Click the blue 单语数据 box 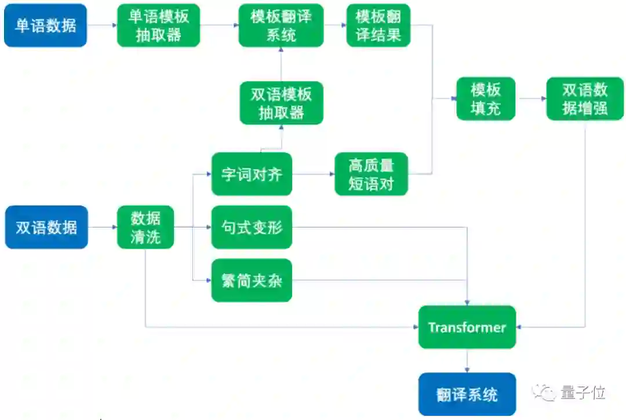pos(45,25)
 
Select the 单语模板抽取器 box pos(158,25)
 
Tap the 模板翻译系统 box pos(281,25)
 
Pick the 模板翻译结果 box pos(378,25)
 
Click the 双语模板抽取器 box pos(281,103)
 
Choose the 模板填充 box pos(486,98)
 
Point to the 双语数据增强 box pos(585,98)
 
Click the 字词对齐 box pos(252,174)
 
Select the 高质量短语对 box pos(372,174)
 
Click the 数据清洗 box pos(145,227)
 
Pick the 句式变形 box pos(252,227)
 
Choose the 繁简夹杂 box pos(252,280)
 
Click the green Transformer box pos(467,327)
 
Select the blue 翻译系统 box pos(467,395)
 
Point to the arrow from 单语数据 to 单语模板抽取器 pos(101,25)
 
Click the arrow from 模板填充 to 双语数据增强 pos(531,98)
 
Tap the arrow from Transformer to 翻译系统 pos(467,360)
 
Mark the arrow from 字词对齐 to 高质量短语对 pos(314,174)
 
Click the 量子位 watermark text pos(583,393)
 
